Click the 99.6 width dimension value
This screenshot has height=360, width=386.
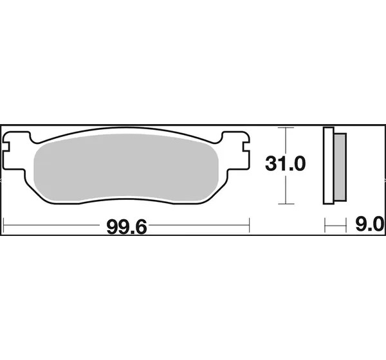[x=127, y=227]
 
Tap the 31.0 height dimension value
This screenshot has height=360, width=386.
[x=285, y=164]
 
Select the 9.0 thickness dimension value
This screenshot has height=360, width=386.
[x=369, y=224]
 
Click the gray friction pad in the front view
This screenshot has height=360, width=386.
[x=126, y=168]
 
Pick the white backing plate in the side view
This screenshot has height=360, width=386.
[x=328, y=166]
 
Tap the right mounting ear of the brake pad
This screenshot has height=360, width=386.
[x=236, y=150]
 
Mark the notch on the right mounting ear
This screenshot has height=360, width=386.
[x=246, y=147]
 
